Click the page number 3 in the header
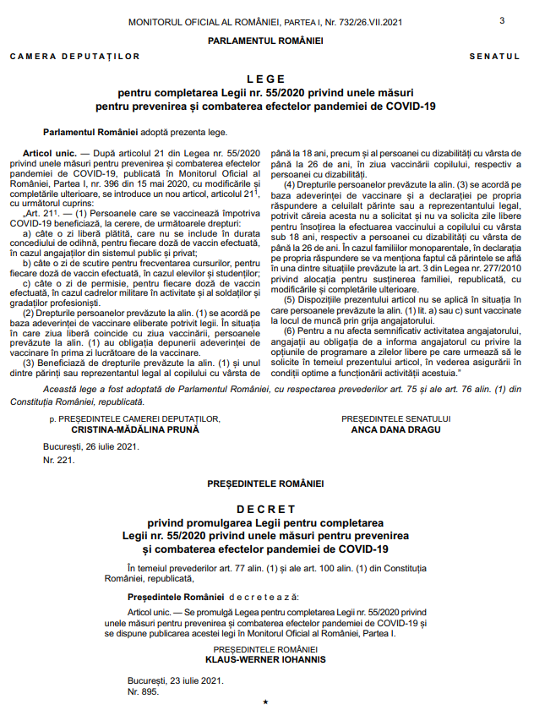(502, 20)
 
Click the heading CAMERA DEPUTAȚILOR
(75, 57)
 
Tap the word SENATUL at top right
(494, 57)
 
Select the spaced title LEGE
(266, 78)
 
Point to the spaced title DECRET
(266, 510)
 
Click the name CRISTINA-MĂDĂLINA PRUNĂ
(135, 429)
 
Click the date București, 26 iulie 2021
(90, 445)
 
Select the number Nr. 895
(143, 691)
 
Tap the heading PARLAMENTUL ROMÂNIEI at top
(266, 40)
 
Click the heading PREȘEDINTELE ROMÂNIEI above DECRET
(266, 483)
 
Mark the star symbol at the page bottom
(266, 702)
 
